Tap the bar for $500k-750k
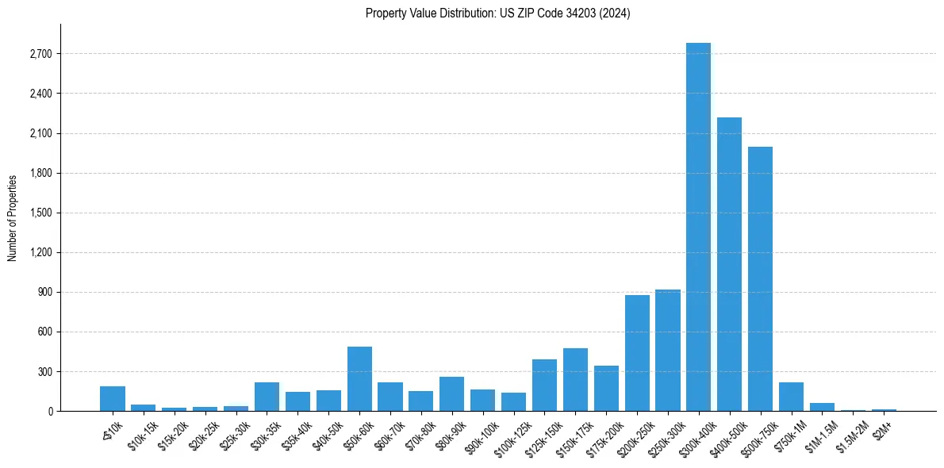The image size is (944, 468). [x=760, y=278]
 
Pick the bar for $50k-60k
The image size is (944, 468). [x=359, y=378]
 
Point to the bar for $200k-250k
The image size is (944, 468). [x=637, y=353]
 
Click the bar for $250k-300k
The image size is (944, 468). [x=667, y=350]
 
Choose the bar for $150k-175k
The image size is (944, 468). [x=575, y=379]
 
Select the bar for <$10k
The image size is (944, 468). [x=113, y=398]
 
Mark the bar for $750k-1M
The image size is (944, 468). [x=791, y=397]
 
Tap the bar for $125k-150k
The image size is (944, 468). [x=544, y=385]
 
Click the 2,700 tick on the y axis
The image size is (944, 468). [x=40, y=54]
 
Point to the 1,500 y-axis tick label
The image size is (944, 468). [x=40, y=213]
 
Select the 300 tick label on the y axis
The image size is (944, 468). [x=44, y=371]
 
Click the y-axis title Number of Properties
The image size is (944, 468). [x=12, y=217]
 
